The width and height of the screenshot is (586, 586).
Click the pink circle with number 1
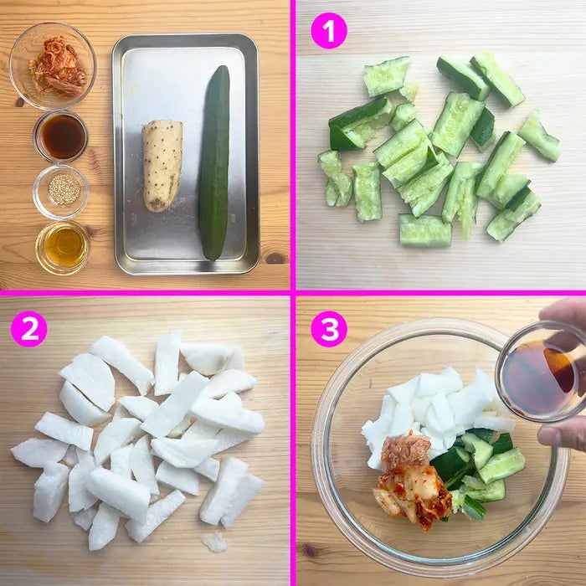[x=329, y=31]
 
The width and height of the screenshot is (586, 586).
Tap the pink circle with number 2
[x=29, y=329]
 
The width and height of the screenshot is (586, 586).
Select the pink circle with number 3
[x=329, y=329]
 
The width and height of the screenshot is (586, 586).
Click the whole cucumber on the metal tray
[x=214, y=162]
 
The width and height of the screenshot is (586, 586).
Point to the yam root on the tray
[x=162, y=165]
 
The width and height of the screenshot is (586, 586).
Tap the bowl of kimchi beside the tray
[x=53, y=66]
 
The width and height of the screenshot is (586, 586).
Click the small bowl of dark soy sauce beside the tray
[x=61, y=136]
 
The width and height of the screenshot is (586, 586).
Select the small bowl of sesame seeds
[x=61, y=192]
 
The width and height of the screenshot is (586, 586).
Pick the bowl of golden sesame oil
[x=63, y=248]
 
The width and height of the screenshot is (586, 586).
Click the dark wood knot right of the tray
[x=275, y=258]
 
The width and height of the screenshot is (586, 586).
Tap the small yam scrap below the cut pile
[x=215, y=542]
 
